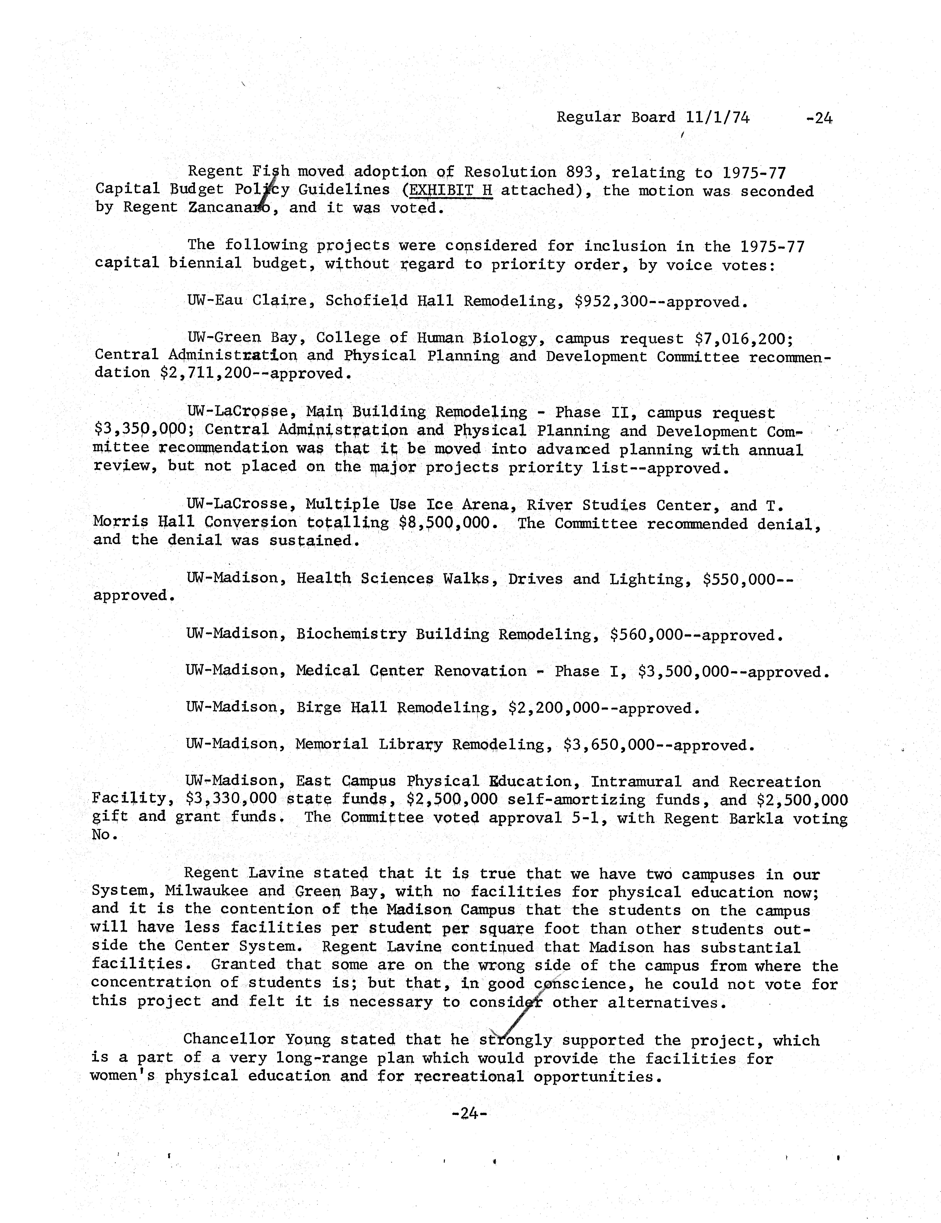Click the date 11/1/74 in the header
pyautogui.click(x=718, y=118)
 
